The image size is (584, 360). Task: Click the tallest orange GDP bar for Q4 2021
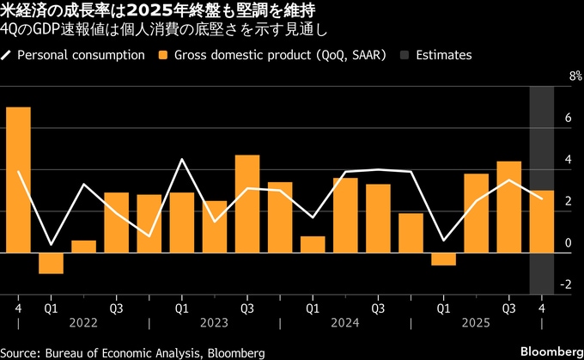(18, 180)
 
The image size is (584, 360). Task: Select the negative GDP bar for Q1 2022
(51, 263)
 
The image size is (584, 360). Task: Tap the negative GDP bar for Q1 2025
(444, 259)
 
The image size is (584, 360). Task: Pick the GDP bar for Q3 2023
(247, 204)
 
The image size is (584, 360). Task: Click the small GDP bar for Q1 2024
(313, 244)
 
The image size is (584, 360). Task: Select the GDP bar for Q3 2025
(509, 207)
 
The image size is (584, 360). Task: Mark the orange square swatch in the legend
(162, 55)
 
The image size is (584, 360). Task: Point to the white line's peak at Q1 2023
(182, 159)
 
